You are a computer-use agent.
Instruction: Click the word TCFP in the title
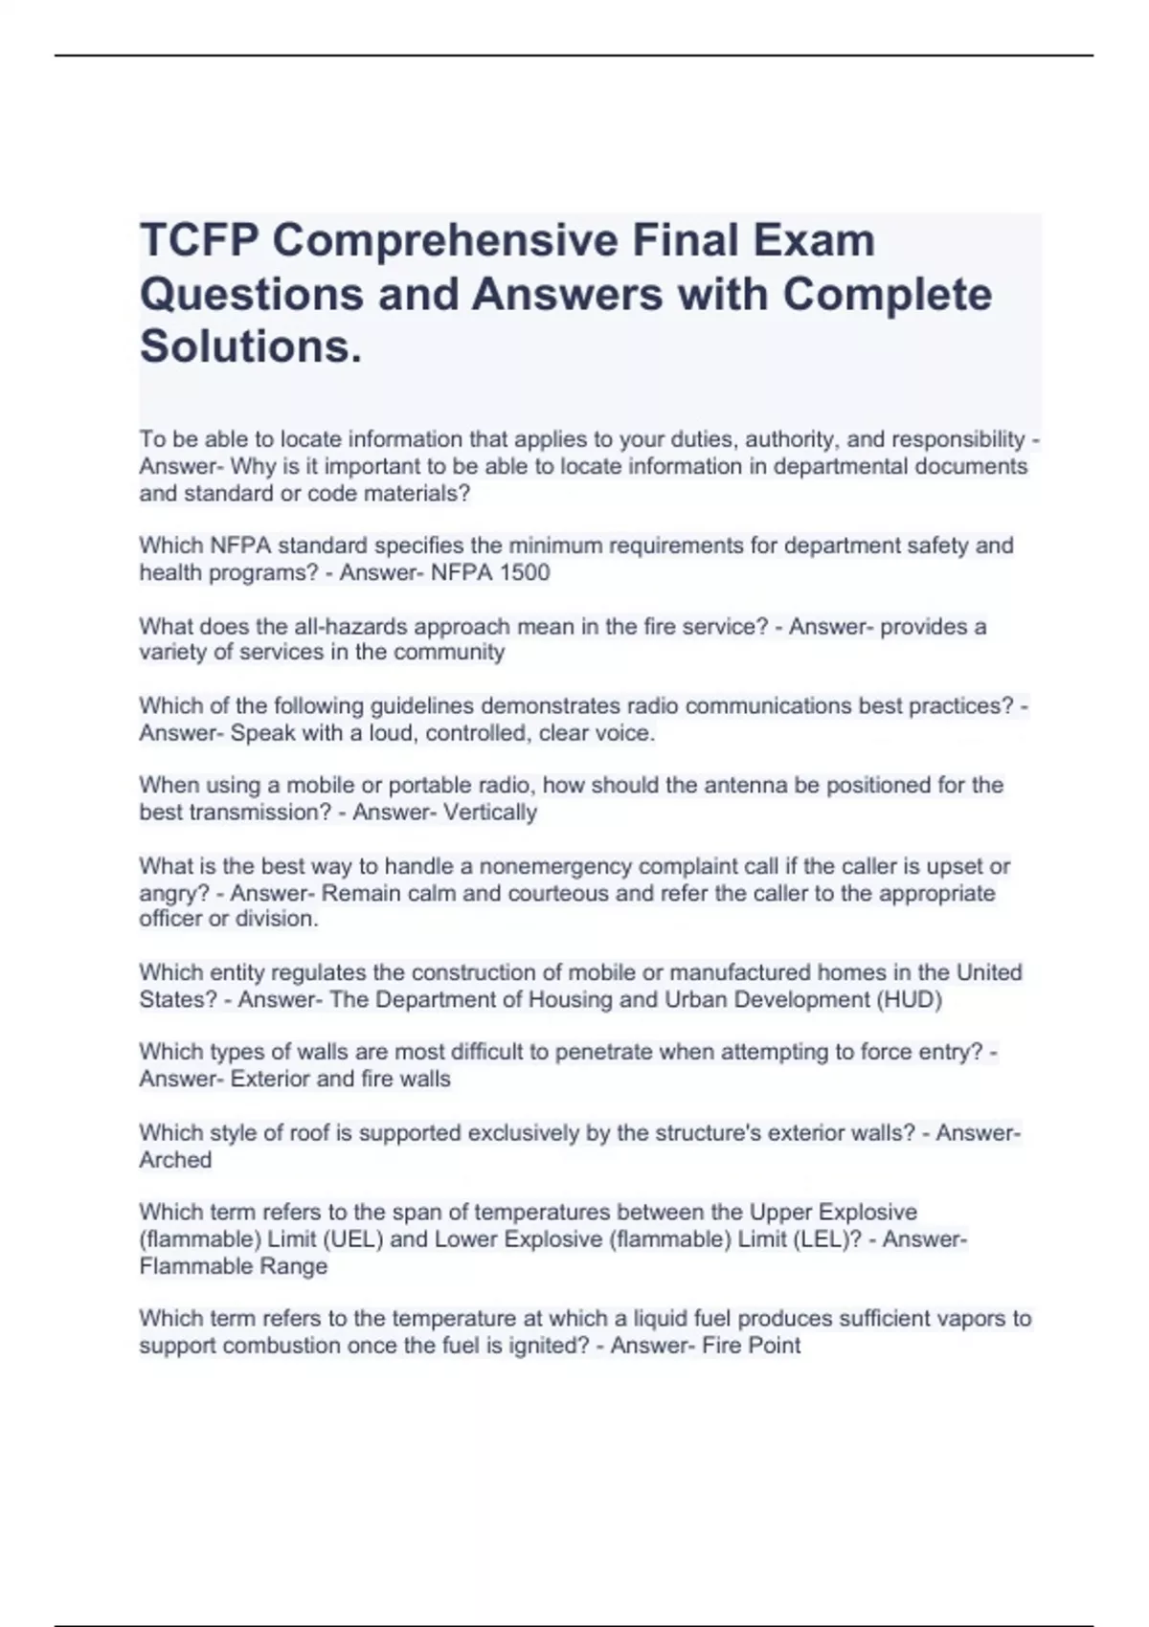198,239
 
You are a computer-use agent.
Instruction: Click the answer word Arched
175,1160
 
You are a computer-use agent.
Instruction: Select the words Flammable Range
234,1266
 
